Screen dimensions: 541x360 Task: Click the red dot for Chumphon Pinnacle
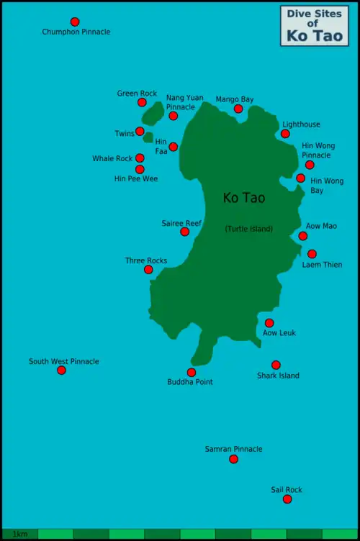click(75, 22)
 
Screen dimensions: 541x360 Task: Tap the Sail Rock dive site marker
click(287, 499)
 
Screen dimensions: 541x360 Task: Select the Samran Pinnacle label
click(233, 449)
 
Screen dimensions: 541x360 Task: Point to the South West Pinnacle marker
click(61, 370)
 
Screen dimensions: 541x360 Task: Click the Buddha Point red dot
click(191, 373)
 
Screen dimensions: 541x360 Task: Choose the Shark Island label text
click(278, 376)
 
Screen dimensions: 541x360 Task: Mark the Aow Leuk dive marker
click(269, 323)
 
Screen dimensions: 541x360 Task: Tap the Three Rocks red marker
click(148, 270)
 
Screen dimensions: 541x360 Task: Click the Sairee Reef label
click(181, 223)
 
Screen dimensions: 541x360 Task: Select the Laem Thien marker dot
click(312, 254)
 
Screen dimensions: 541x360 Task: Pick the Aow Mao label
click(321, 226)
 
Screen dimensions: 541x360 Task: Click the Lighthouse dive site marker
click(285, 134)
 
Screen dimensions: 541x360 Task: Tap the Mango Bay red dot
click(238, 109)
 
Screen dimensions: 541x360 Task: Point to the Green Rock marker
click(142, 102)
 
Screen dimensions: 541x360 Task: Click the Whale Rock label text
click(112, 158)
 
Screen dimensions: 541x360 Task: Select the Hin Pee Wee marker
click(140, 169)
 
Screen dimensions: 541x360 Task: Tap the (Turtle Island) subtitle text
click(248, 229)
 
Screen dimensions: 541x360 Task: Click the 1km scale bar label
click(19, 535)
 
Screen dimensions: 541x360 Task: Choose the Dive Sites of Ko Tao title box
click(314, 25)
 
